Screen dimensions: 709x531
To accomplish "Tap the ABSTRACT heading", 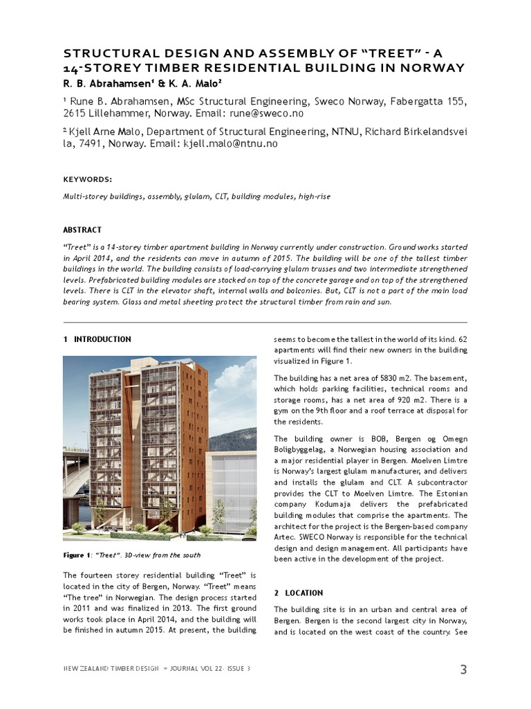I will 82,230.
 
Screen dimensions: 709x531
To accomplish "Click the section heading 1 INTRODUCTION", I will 97,339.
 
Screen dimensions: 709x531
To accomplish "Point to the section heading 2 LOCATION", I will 298,593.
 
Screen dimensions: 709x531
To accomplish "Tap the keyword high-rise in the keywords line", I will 315,197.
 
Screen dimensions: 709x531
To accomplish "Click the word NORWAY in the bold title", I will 429,67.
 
